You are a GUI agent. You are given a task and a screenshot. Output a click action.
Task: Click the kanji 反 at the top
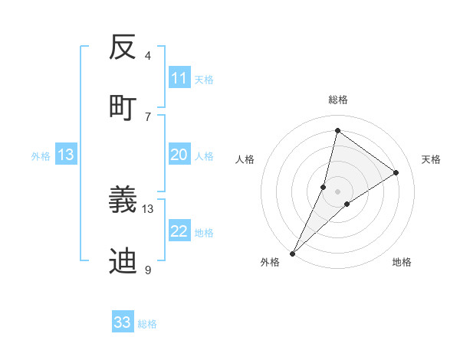click(123, 47)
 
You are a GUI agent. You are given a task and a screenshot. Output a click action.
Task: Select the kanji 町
click(123, 106)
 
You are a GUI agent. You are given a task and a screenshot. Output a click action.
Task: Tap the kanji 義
click(123, 201)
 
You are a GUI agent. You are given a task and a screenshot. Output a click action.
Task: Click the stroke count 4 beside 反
click(148, 56)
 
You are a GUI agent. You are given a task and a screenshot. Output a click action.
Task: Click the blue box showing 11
click(179, 78)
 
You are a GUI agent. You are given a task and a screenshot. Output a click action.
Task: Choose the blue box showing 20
click(179, 155)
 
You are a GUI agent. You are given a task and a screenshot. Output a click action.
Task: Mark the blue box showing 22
click(179, 231)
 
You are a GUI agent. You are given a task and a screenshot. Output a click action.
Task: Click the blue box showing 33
click(123, 322)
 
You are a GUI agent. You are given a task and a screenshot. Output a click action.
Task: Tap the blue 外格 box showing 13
click(66, 155)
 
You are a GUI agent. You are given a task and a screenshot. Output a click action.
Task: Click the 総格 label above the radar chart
click(338, 100)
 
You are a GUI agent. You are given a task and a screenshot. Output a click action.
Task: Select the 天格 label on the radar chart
click(431, 159)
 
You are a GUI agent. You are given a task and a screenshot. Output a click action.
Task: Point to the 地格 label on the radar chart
click(402, 262)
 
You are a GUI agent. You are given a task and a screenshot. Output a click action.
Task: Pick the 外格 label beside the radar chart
click(270, 262)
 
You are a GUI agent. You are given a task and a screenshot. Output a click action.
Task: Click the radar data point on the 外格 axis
click(293, 253)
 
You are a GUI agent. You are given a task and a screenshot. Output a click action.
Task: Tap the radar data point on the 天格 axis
click(396, 173)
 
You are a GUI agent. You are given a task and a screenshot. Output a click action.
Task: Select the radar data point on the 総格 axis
click(337, 130)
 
